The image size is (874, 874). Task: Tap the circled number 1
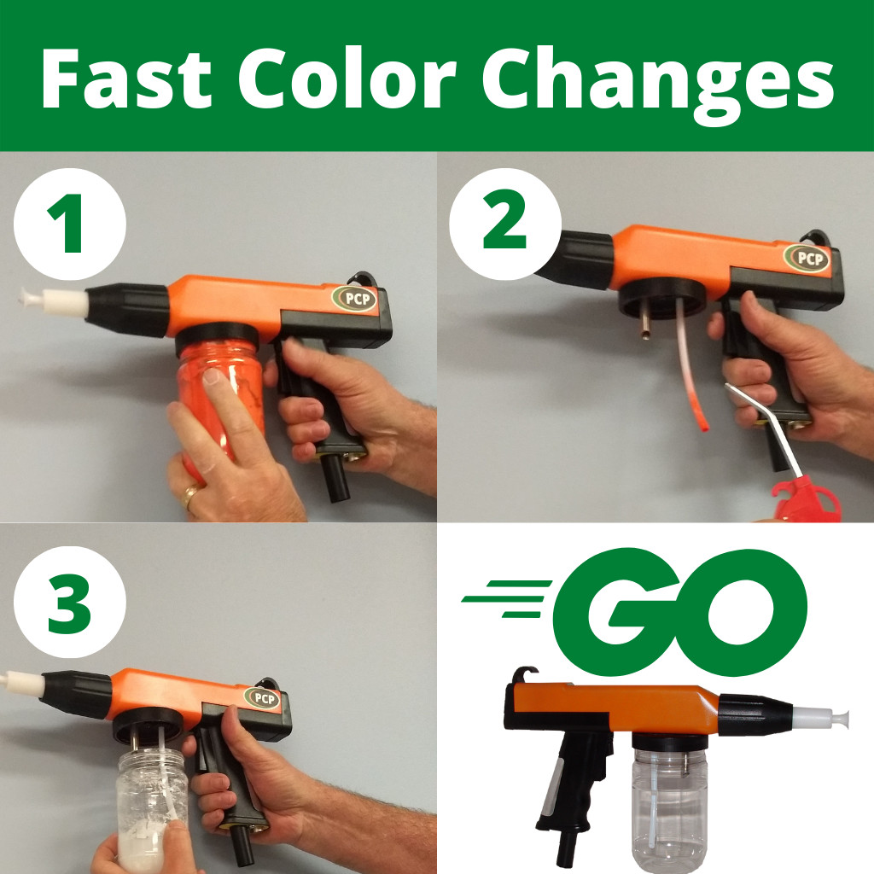(71, 224)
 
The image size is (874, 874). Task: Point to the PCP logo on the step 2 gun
(807, 258)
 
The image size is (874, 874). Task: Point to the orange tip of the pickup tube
(702, 422)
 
